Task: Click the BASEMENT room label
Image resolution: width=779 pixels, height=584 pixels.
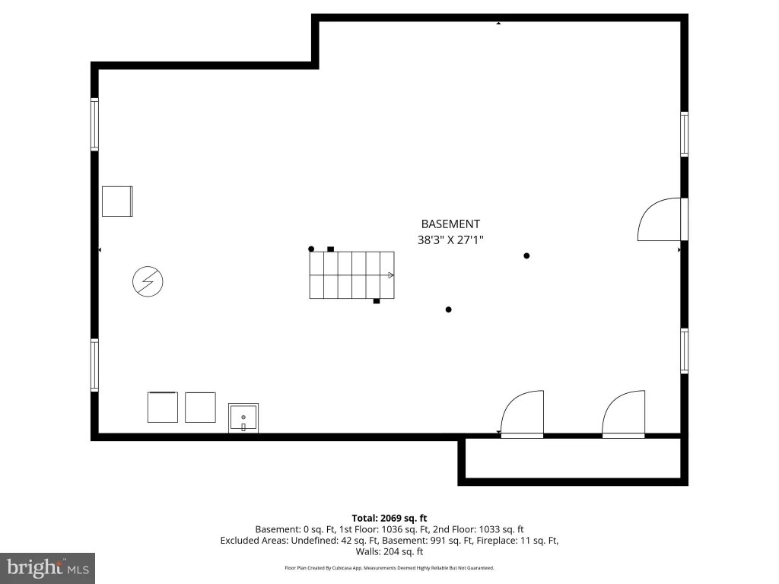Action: (450, 224)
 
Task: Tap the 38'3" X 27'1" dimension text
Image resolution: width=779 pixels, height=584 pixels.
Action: (450, 240)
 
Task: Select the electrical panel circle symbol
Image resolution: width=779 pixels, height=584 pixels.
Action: (148, 281)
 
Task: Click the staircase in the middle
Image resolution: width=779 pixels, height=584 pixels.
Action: (351, 275)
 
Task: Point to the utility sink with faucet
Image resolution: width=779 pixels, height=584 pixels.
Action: (243, 417)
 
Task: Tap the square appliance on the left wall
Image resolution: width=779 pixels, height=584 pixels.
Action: (117, 201)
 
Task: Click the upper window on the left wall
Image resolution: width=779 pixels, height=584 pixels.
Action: (94, 124)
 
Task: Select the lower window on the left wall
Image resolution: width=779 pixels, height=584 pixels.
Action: (94, 365)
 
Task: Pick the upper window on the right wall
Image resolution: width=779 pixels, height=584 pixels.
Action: (684, 134)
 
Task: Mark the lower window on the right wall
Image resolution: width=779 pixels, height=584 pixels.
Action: (684, 351)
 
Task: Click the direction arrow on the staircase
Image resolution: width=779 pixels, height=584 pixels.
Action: (390, 275)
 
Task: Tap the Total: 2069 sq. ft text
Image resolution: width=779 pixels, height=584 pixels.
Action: (389, 518)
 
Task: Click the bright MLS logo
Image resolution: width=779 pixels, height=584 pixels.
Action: (47, 568)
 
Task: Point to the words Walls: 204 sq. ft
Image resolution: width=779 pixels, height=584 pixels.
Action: (389, 551)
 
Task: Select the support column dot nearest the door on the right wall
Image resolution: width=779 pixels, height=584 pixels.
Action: (526, 255)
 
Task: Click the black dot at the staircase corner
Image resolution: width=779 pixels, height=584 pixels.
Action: (311, 249)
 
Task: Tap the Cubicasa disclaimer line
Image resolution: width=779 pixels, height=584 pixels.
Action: (389, 567)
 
